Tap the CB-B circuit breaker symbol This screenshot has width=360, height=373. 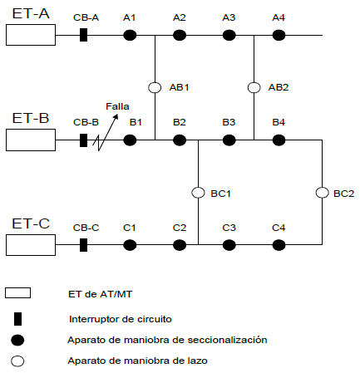(x=83, y=140)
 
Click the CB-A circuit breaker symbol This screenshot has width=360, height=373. (x=83, y=35)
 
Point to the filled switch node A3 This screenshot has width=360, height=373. (x=229, y=35)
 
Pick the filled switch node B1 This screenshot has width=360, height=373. (x=130, y=140)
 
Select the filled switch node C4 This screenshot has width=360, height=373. (x=279, y=245)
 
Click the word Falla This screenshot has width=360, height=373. (x=117, y=106)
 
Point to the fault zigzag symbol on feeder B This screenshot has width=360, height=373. (x=97, y=142)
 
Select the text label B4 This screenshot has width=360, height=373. (x=279, y=122)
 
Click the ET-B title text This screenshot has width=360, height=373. (x=31, y=118)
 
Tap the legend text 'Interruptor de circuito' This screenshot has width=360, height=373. (x=121, y=319)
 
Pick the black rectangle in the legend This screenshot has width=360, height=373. (x=17, y=319)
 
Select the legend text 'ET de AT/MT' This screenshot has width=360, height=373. (x=100, y=294)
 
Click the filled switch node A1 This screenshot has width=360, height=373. (x=130, y=35)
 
